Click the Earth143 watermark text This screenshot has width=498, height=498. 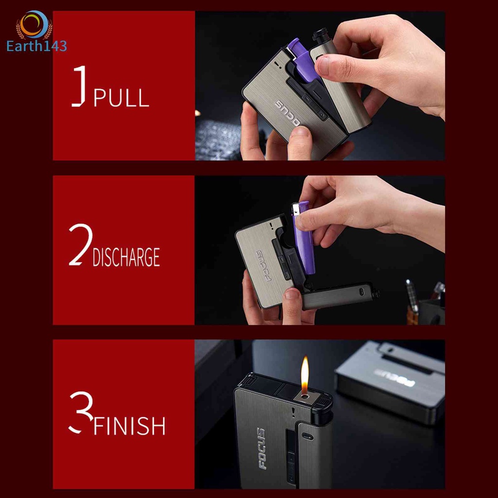[x=36, y=46]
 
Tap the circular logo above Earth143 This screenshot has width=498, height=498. [x=35, y=24]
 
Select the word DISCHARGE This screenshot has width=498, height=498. [x=126, y=257]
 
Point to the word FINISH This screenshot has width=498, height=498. [x=129, y=426]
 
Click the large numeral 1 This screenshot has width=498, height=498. [x=78, y=86]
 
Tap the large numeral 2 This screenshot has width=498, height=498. [x=81, y=244]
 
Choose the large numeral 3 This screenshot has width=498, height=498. [x=81, y=412]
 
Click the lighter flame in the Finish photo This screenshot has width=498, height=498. [x=305, y=375]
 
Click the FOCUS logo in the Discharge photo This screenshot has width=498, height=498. [x=264, y=266]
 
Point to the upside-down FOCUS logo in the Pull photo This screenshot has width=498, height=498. [x=287, y=113]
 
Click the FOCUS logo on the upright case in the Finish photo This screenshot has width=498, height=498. [x=261, y=448]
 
